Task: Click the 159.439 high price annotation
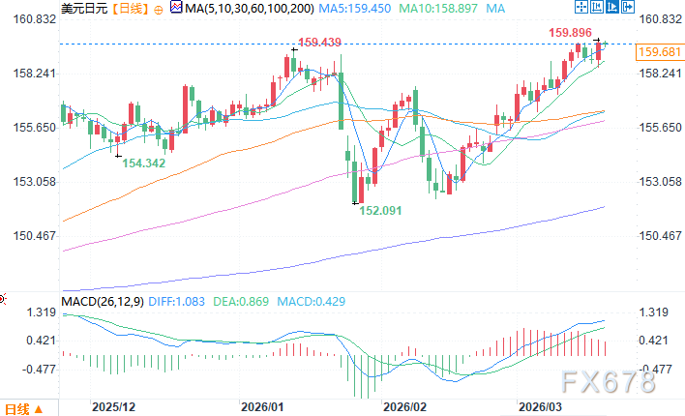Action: [x=320, y=43]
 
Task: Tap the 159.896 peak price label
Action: [x=571, y=32]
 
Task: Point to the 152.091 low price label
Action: [x=381, y=209]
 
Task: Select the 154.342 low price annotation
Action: [x=142, y=163]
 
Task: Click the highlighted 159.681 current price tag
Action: [x=659, y=52]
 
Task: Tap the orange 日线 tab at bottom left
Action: [x=18, y=407]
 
